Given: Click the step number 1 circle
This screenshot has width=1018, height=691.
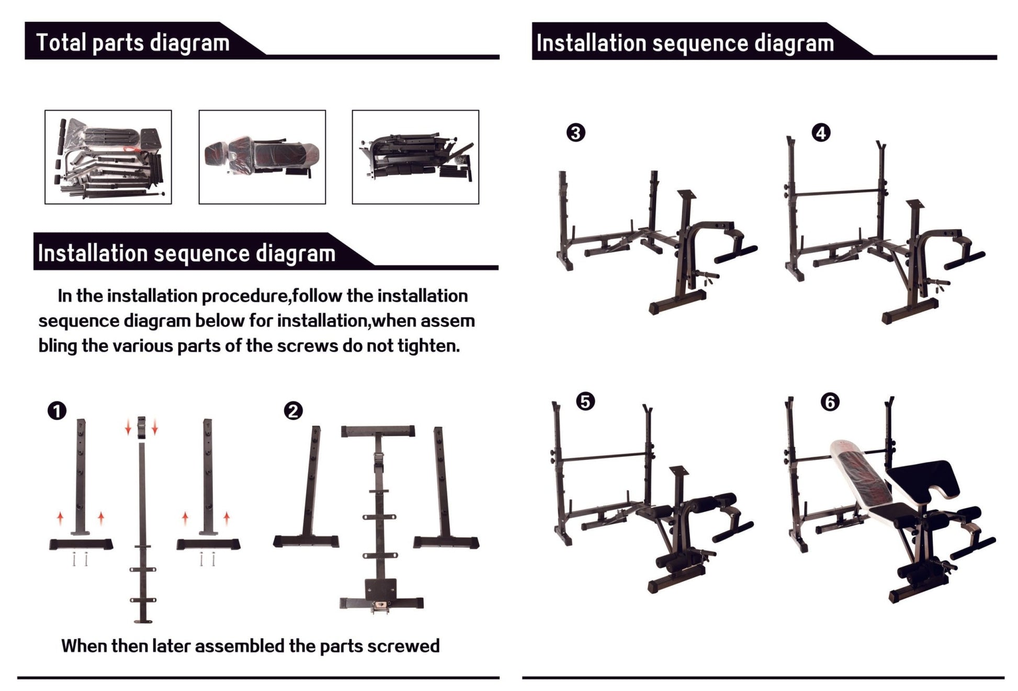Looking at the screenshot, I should pos(57,411).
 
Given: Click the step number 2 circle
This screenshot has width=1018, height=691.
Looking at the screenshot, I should pos(293,411).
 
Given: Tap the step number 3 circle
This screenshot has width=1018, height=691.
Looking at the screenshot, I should pos(575,133).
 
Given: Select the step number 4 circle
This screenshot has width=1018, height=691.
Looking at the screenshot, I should pos(821,133).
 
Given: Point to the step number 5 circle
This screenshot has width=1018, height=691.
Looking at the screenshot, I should pos(585,402).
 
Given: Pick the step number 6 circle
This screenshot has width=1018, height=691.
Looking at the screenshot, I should pos(830,402).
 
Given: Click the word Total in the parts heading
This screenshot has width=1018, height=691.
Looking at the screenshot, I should pos(61,42).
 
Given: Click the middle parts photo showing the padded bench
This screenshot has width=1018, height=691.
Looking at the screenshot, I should pos(262,157).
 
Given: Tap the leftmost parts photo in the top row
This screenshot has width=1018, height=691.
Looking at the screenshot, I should pos(108,157).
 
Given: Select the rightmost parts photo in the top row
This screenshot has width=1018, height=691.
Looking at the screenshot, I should pos(415,157).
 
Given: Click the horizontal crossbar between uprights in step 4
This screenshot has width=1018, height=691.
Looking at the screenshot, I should pos(837,192).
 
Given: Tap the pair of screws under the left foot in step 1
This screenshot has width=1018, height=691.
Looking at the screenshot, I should pos(80,560).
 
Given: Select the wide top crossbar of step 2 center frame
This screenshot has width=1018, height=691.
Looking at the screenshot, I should pos(378,432).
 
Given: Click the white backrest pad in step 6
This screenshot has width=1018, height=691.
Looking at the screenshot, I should pos(858,473).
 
